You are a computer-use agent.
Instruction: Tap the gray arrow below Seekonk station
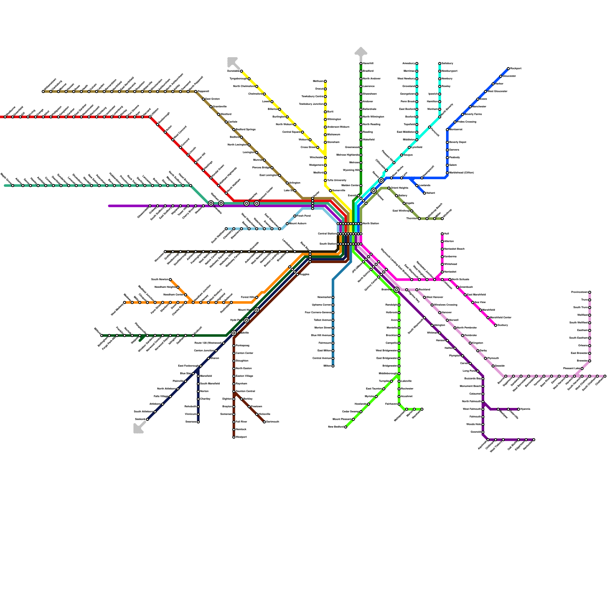click(138, 429)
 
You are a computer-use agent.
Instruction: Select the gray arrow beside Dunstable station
click(232, 62)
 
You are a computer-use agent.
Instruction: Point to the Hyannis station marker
click(518, 409)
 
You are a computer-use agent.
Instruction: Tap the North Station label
click(371, 223)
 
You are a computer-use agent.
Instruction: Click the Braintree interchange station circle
click(396, 290)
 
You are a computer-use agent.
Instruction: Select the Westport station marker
click(234, 437)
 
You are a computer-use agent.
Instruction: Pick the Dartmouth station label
click(273, 422)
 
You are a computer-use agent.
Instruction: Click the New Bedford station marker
click(346, 427)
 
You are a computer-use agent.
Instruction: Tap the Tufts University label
click(337, 180)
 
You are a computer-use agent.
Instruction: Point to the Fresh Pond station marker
click(295, 216)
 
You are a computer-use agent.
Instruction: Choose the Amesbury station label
click(408, 63)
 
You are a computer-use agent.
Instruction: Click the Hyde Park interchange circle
click(247, 320)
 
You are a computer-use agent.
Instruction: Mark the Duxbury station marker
click(496, 325)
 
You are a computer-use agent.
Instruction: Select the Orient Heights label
click(399, 188)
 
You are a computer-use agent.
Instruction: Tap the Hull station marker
click(442, 234)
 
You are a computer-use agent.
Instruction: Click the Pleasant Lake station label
click(571, 369)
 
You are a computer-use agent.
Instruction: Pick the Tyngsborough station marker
click(249, 79)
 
